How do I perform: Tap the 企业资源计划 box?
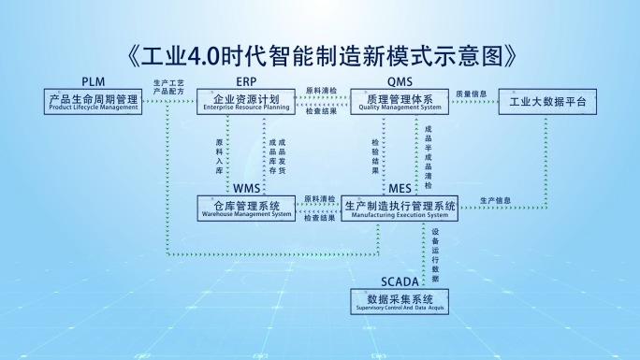coord(246,101)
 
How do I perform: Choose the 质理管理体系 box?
coord(400,101)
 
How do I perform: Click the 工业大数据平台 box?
coord(547,101)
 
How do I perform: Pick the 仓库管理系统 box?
coord(246,208)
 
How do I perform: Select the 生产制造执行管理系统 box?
coord(400,208)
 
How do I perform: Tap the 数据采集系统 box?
coord(400,301)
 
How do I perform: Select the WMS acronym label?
coord(246,189)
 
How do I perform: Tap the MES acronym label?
coord(400,189)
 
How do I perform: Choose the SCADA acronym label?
coord(400,281)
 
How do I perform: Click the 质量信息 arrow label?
coord(472,94)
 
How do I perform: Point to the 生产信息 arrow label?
coord(495,200)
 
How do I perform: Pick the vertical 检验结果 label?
coord(375,155)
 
